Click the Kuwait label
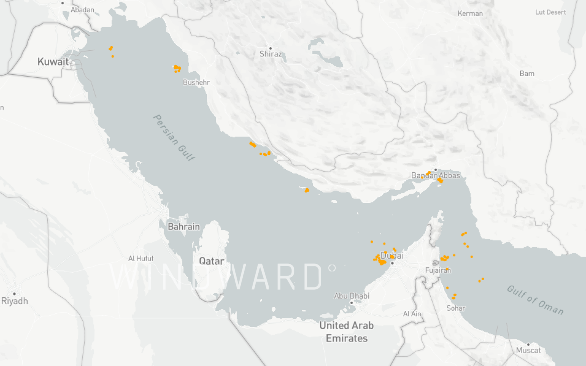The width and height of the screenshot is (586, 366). (53, 61)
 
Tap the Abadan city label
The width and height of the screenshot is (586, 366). (82, 10)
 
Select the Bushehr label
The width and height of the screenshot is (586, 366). (196, 82)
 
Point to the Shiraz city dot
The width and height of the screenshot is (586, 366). (270, 48)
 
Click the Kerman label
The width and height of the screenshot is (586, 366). (470, 14)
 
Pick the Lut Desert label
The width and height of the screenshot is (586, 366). (550, 12)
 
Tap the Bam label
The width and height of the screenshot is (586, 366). (526, 74)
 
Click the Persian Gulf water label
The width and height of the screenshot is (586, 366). (174, 137)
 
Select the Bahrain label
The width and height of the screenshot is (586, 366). (184, 227)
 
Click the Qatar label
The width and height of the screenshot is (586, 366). (211, 261)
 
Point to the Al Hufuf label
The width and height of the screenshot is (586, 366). (141, 258)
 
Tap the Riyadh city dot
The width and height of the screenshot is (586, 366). (14, 294)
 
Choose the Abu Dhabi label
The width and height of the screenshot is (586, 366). (351, 296)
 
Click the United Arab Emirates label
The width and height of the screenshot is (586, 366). (346, 332)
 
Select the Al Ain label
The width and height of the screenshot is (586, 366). (412, 314)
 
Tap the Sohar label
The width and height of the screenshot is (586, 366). (456, 308)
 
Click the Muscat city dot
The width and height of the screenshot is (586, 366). (528, 344)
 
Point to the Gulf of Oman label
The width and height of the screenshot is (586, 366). (535, 300)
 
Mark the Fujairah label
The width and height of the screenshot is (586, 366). (438, 270)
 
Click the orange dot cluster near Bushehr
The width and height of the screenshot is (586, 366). (177, 68)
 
